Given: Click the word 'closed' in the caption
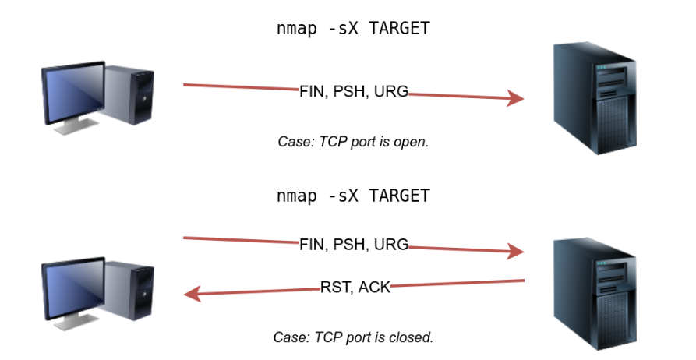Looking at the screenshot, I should (x=412, y=337).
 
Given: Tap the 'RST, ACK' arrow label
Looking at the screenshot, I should (x=355, y=287).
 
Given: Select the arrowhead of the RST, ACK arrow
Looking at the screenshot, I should (x=192, y=294).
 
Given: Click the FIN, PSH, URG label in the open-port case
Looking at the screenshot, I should (x=354, y=91).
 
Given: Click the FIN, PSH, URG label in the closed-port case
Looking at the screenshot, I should (x=354, y=244).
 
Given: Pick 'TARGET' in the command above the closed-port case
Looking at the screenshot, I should (x=399, y=196).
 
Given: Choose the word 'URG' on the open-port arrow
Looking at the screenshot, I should (x=390, y=91).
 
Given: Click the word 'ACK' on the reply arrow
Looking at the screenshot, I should (x=373, y=287).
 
